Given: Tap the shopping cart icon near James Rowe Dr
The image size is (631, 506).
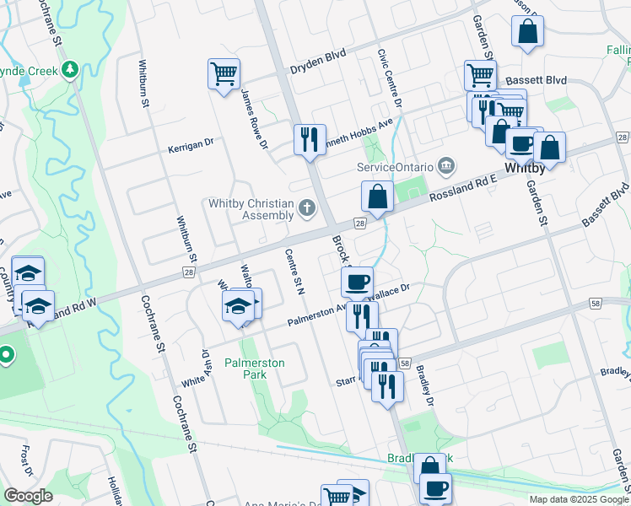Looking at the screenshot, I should [224, 74].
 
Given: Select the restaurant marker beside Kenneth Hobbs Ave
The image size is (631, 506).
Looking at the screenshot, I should [310, 137].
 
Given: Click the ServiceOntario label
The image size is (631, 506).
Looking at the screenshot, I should [395, 165].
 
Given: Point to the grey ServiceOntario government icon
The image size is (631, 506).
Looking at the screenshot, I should [446, 164].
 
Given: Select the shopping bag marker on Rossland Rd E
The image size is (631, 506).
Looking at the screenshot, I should [378, 196].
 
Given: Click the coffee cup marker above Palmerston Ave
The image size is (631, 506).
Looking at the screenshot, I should [358, 280].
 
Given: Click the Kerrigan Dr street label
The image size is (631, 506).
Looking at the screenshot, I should [191, 143].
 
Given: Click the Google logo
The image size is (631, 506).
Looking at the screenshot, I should [28, 496].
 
